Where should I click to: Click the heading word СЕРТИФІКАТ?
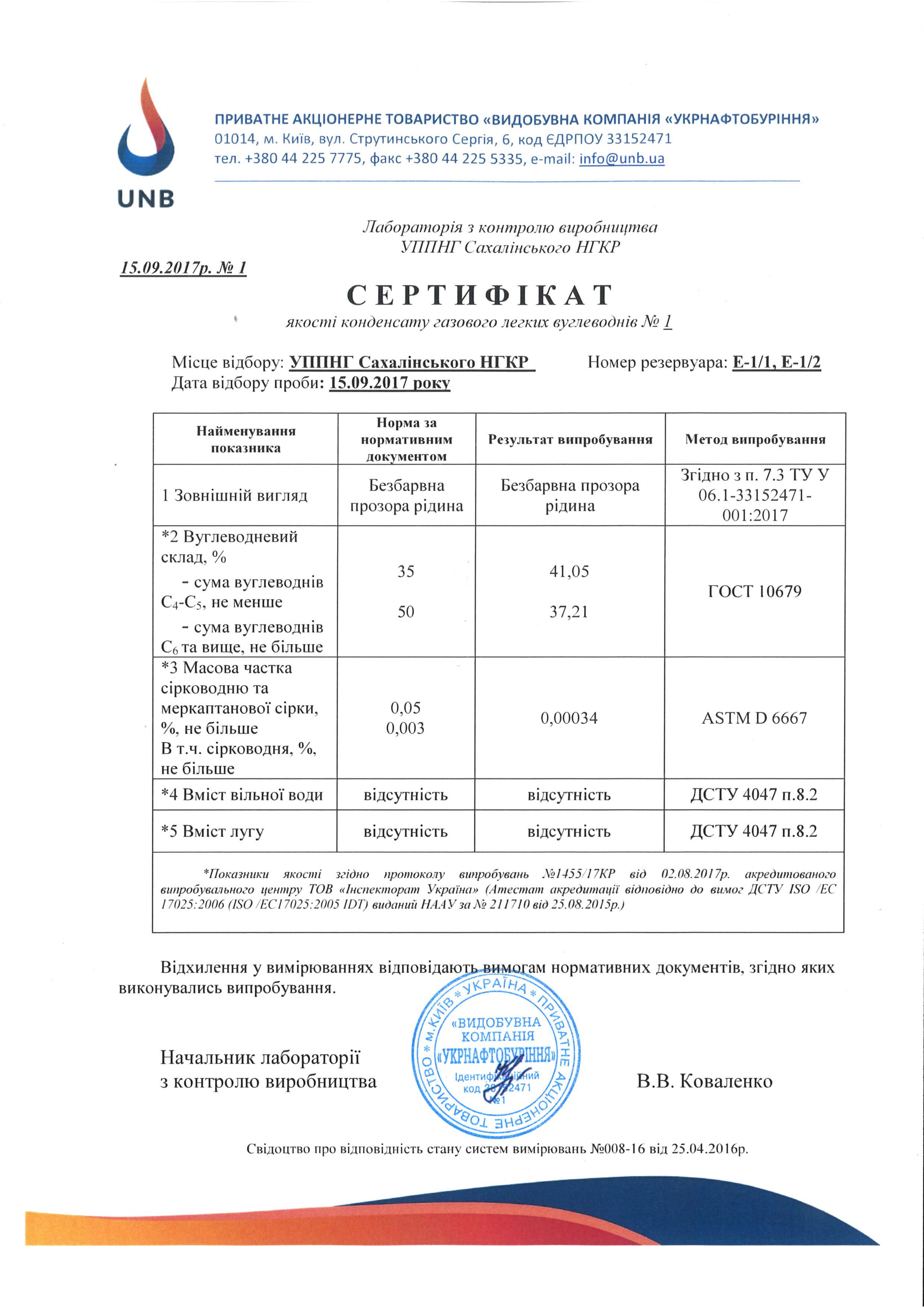[x=480, y=295]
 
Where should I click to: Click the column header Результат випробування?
[x=570, y=439]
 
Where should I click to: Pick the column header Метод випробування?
[x=755, y=439]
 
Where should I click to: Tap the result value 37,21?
[x=569, y=612]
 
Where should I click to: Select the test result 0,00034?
[x=569, y=718]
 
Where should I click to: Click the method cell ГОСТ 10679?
[x=754, y=591]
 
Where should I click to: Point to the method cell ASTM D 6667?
[x=754, y=718]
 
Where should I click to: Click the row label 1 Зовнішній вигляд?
[x=235, y=495]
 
